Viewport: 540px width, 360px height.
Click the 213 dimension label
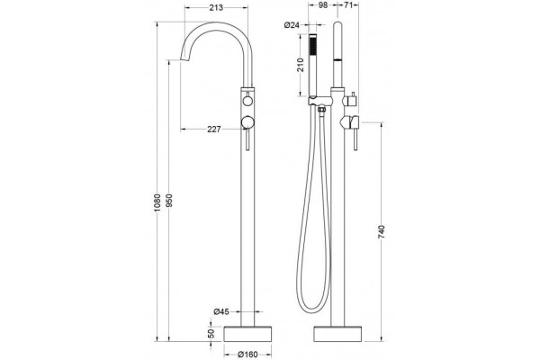click(x=216, y=7)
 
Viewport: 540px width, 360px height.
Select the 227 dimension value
click(x=214, y=130)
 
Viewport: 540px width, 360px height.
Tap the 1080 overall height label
click(x=157, y=202)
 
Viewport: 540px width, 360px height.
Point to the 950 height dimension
click(x=169, y=201)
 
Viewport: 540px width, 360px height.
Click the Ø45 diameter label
click(x=221, y=311)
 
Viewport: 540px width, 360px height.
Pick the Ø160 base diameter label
click(x=247, y=354)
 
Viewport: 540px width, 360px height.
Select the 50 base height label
click(x=211, y=333)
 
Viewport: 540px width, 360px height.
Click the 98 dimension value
click(x=323, y=4)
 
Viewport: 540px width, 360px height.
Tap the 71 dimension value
click(x=348, y=4)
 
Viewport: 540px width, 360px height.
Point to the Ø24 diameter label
click(x=292, y=25)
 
